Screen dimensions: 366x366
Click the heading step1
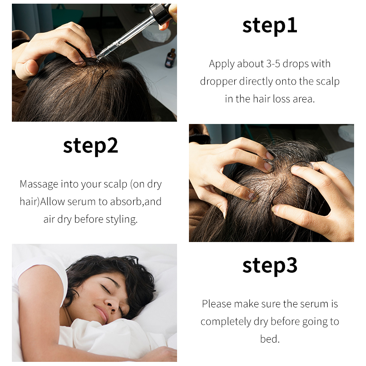pos(269,26)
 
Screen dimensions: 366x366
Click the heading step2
pos(91,145)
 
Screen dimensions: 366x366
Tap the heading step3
pos(269,265)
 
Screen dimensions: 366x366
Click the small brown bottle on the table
pos(170,58)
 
